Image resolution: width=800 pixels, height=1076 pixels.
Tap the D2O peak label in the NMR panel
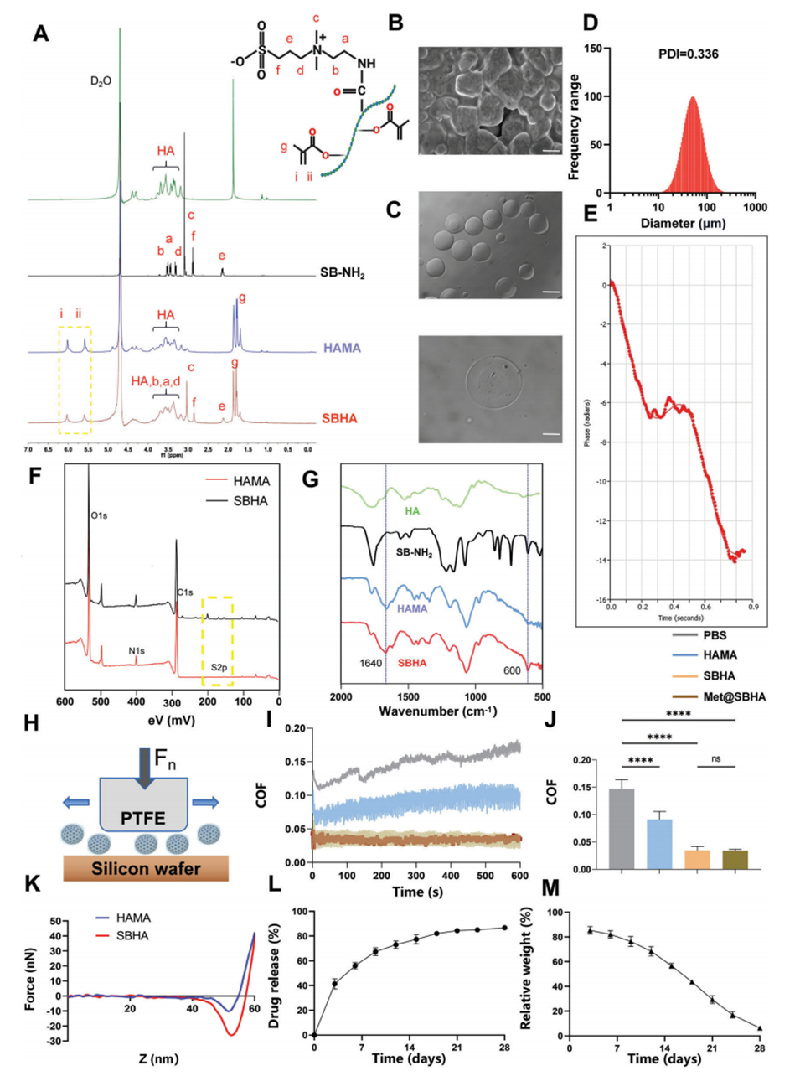pos(101,81)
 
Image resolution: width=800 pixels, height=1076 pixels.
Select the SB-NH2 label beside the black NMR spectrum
pos(342,273)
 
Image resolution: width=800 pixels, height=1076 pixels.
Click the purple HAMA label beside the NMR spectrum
pos(342,348)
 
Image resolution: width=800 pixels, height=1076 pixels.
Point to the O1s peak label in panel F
pos(99,516)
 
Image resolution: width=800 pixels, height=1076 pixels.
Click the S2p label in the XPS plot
pos(218,667)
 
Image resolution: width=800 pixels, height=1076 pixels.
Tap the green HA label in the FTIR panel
pos(412,510)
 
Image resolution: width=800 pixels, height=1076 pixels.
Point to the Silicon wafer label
pos(146,868)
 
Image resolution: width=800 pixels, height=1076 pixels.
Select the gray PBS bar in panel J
pos(621,829)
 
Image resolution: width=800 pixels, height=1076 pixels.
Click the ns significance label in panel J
pos(716,758)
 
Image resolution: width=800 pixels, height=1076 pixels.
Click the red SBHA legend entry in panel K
pos(132,935)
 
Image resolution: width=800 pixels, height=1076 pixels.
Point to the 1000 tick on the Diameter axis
pos(756,207)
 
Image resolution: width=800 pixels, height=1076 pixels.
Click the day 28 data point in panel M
pos(760,1028)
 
